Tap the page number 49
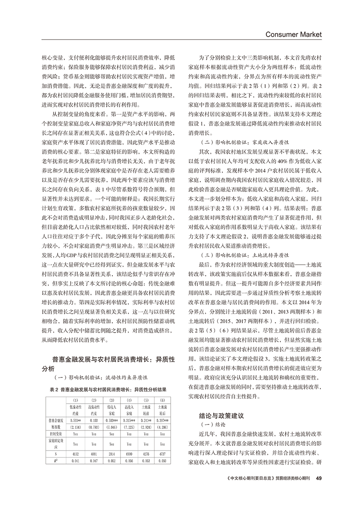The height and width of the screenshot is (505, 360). click(x=319, y=479)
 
